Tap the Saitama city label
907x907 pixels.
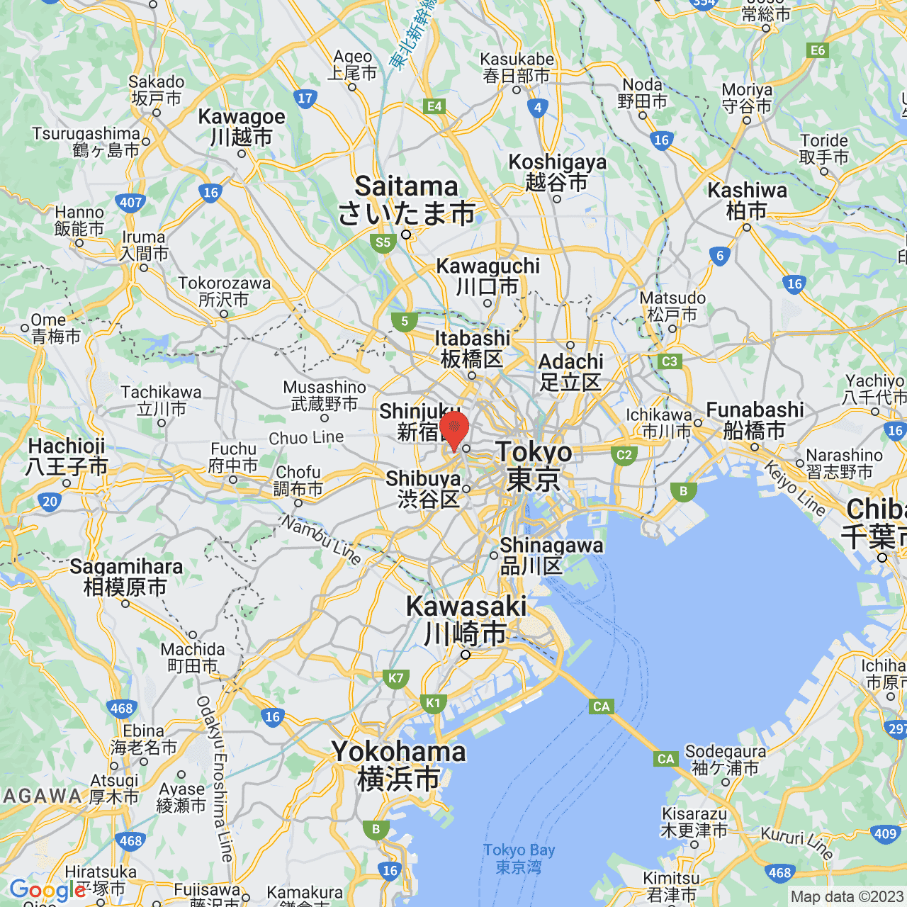coord(407,200)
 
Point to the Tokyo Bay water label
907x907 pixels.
coord(519,858)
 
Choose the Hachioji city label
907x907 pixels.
coord(67,456)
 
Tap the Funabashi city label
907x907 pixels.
coord(755,419)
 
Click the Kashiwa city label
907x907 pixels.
coord(748,200)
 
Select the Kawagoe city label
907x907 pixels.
coord(242,126)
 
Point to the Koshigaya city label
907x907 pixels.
coord(558,171)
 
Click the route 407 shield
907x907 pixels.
coord(131,203)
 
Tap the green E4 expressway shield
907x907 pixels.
coord(434,106)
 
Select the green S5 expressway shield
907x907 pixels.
coord(383,242)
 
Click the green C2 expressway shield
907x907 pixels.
coord(624,455)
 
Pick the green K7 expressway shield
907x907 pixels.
coord(395,678)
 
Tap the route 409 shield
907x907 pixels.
coord(886,833)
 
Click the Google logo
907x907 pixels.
coord(47,890)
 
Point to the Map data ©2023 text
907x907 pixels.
coord(847,897)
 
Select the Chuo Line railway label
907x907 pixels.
coord(306,438)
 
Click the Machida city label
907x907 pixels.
coord(193,658)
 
